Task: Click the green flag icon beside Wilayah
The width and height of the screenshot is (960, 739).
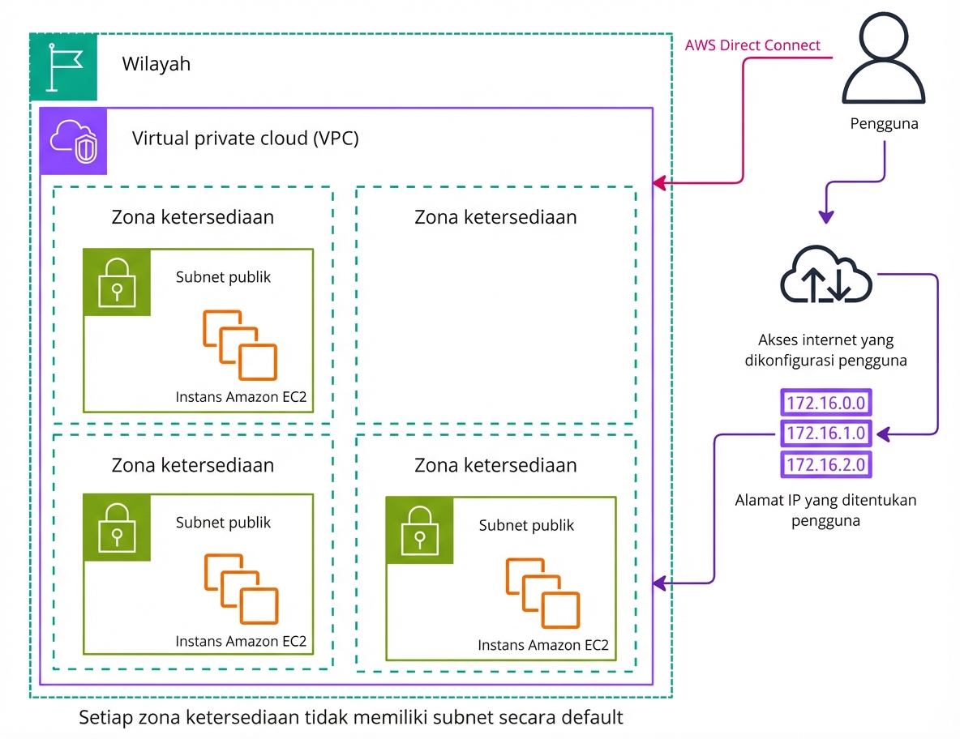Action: point(64,67)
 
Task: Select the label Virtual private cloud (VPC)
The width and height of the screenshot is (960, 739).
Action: point(245,139)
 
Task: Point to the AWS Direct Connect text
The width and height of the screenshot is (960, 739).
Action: point(752,45)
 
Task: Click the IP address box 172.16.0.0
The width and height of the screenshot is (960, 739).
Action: point(826,403)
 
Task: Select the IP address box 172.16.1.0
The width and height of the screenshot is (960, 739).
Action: point(826,434)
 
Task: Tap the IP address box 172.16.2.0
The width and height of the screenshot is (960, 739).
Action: point(826,464)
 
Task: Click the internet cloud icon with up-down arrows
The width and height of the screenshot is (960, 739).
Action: point(825,280)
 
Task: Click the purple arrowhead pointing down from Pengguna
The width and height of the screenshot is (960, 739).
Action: point(825,217)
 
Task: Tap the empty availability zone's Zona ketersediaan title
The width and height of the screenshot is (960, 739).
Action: point(495,217)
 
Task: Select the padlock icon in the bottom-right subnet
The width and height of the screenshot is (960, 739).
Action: point(419,530)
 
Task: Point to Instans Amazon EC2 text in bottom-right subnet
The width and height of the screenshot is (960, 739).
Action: point(542,646)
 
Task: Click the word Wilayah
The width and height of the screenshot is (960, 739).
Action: point(156,63)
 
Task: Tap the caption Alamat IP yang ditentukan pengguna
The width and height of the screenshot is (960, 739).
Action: point(825,510)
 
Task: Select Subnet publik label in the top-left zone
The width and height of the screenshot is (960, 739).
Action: point(223,277)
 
